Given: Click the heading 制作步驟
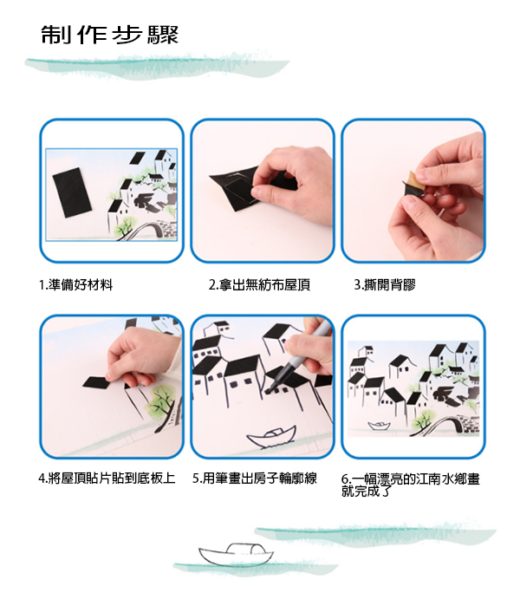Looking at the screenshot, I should pyautogui.click(x=109, y=36).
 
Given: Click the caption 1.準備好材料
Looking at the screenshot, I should pyautogui.click(x=75, y=284).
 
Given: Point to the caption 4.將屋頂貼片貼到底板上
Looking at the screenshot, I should pyautogui.click(x=107, y=478).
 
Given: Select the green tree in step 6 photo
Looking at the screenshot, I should pyautogui.click(x=424, y=420).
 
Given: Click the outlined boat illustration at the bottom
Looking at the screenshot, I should pyautogui.click(x=234, y=554).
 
